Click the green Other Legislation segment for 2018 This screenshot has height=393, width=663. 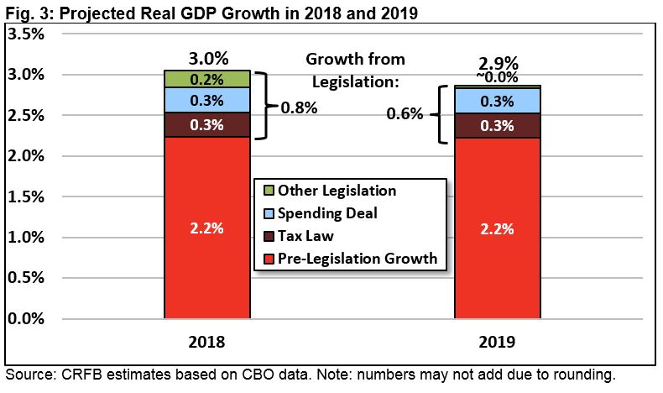(206, 79)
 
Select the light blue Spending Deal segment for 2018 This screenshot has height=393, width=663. (206, 100)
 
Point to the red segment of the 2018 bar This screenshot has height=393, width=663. (206, 228)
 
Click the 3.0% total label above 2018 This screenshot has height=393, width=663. (206, 59)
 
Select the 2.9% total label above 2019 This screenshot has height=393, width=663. (499, 63)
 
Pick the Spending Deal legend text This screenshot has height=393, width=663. (324, 213)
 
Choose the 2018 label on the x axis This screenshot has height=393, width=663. (206, 343)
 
